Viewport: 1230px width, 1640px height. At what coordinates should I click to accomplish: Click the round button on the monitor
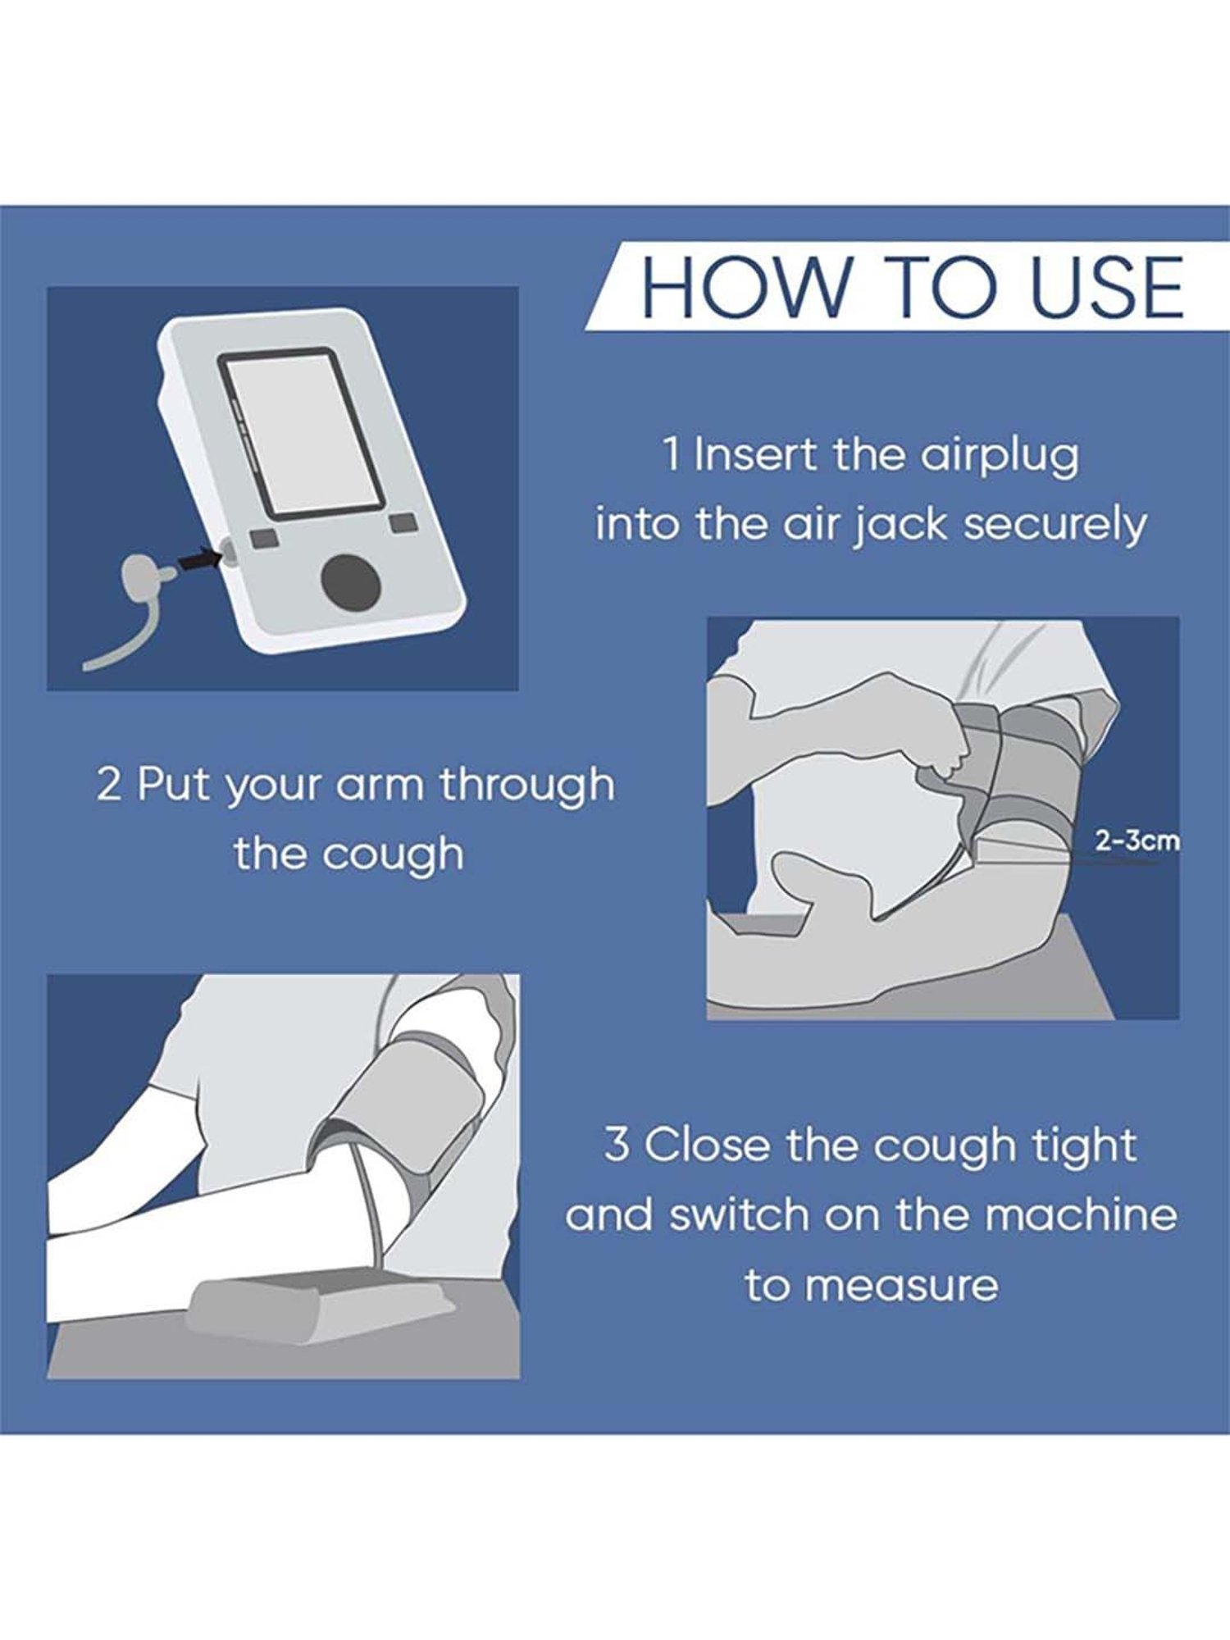coord(350,582)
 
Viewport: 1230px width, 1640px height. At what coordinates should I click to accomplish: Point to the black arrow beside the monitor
coord(199,559)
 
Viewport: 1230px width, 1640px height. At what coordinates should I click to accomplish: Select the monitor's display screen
coord(303,432)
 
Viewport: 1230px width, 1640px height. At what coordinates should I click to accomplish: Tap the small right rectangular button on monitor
coord(403,523)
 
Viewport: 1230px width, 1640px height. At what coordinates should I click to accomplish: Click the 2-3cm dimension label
coord(1137,840)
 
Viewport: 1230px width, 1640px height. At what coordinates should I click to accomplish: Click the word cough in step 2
coord(393,854)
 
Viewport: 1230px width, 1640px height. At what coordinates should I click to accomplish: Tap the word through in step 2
coord(527,785)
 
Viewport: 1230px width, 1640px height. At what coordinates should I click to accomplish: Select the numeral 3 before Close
coord(617,1144)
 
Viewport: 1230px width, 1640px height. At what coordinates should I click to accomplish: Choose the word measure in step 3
coord(901,1285)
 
